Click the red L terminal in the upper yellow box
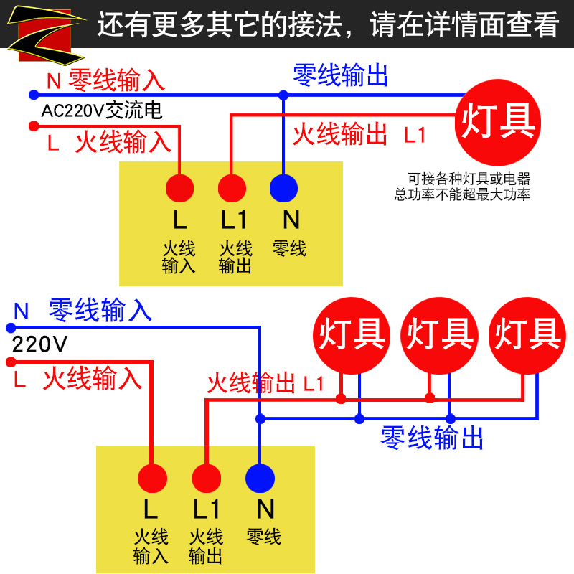click(x=179, y=188)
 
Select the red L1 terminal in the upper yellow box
click(x=232, y=188)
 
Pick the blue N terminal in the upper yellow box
click(x=283, y=188)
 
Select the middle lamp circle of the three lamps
click(x=440, y=336)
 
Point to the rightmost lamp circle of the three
click(x=527, y=336)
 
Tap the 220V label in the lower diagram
click(x=40, y=345)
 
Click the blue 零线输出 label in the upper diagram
click(x=341, y=75)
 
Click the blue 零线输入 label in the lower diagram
click(x=100, y=310)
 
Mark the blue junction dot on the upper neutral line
click(x=283, y=94)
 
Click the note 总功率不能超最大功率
click(x=462, y=194)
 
